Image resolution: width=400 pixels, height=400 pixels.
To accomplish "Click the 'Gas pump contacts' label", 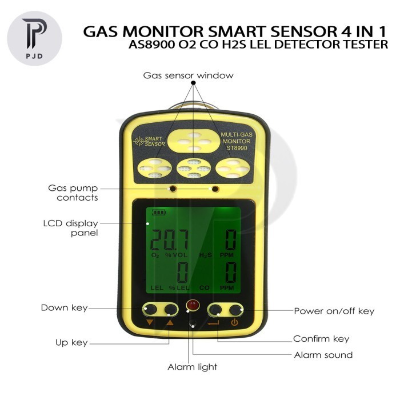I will click(x=73, y=193).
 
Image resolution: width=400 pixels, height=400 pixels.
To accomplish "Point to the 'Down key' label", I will click(x=63, y=308).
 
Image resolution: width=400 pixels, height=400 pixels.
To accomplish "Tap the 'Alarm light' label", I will click(x=192, y=367).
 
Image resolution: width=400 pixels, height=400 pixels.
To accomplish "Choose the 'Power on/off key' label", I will click(x=334, y=311).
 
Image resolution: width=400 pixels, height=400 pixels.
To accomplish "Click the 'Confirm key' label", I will click(x=321, y=338).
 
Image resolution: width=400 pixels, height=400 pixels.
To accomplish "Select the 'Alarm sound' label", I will click(x=323, y=355).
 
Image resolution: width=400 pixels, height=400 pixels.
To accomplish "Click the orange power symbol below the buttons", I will click(x=234, y=323).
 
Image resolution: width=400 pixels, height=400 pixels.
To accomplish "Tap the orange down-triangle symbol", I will click(x=150, y=323).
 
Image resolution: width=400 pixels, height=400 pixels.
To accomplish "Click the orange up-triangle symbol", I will click(x=169, y=323).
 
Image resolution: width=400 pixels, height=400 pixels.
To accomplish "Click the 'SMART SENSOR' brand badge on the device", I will click(x=149, y=141).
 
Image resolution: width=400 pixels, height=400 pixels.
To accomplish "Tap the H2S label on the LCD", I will click(x=205, y=255).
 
